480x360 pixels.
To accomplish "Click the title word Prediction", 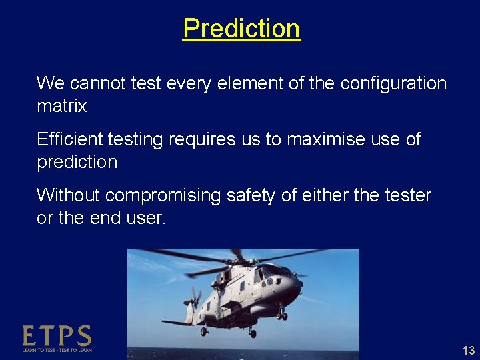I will [241, 29].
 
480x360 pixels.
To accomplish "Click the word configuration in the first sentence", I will [393, 84].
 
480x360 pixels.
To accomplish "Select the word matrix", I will [61, 106].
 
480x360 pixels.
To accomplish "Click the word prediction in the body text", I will [77, 162].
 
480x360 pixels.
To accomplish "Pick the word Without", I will [68, 195].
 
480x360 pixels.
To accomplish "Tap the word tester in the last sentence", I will [408, 195].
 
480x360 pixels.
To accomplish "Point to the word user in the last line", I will [145, 218].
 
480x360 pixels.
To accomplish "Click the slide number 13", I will [468, 351].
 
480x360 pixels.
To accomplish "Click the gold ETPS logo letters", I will [57, 335].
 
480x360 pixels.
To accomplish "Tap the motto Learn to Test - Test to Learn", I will [57, 349].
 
